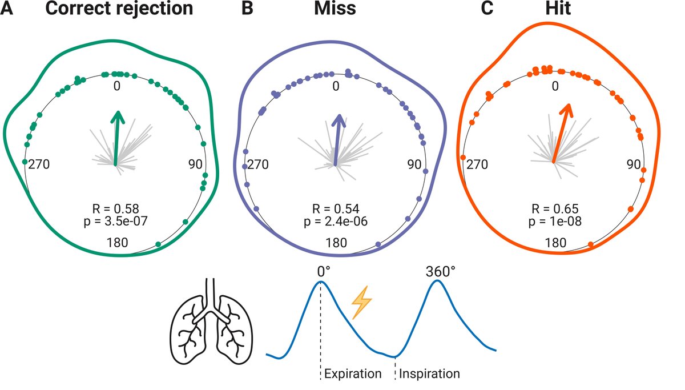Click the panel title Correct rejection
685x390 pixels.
tap(119, 10)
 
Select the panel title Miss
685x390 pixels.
tap(336, 10)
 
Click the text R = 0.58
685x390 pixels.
tap(116, 207)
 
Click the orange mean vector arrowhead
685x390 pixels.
tap(567, 109)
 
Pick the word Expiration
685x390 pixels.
tap(352, 375)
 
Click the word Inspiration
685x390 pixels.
tap(429, 375)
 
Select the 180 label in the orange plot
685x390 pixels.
tap(555, 243)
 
